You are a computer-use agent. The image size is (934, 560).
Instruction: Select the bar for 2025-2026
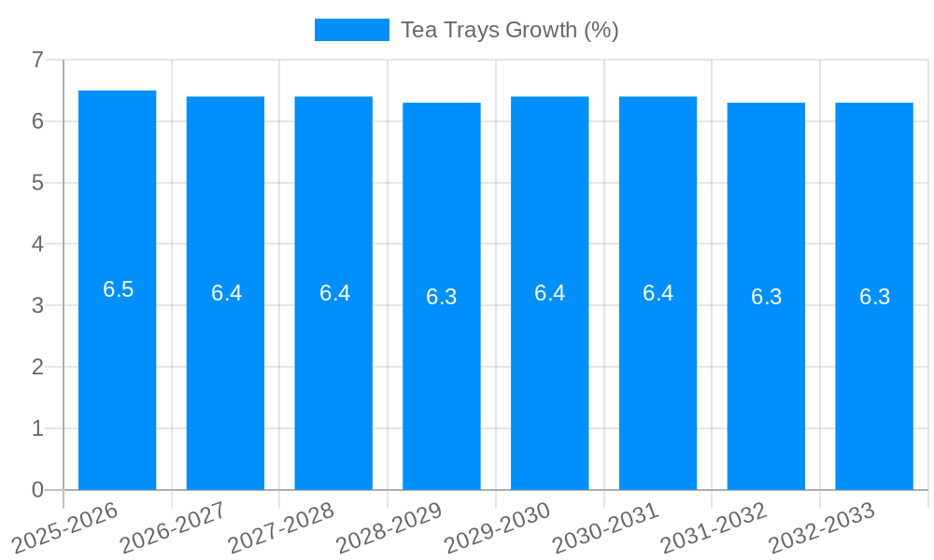pos(118,373)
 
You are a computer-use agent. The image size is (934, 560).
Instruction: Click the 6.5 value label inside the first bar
pos(119,289)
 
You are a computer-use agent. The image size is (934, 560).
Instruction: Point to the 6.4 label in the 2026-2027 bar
pos(227,293)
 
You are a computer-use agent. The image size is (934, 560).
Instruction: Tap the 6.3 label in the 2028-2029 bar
pos(442,297)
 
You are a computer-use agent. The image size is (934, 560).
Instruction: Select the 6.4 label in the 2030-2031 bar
pos(658,293)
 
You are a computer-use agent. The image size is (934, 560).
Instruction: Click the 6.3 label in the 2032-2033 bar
pos(875,297)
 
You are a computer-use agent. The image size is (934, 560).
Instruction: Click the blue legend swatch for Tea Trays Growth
pos(352,30)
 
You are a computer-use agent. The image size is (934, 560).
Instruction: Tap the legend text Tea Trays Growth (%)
pos(510,30)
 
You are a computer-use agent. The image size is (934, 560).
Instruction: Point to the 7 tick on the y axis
pos(38,60)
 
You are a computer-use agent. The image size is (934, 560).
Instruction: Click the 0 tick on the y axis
pos(38,490)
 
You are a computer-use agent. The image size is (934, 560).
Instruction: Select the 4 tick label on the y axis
pos(38,245)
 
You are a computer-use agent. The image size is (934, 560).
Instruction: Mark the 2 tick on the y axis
pos(38,367)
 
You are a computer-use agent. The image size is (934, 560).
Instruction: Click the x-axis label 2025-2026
pos(66,526)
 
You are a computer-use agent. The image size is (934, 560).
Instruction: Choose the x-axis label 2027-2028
pos(282,526)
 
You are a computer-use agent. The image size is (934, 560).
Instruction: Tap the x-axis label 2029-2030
pos(498,526)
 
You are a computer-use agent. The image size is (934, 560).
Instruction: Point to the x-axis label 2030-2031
pos(606,526)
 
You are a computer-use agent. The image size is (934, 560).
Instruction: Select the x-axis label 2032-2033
pos(822,526)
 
